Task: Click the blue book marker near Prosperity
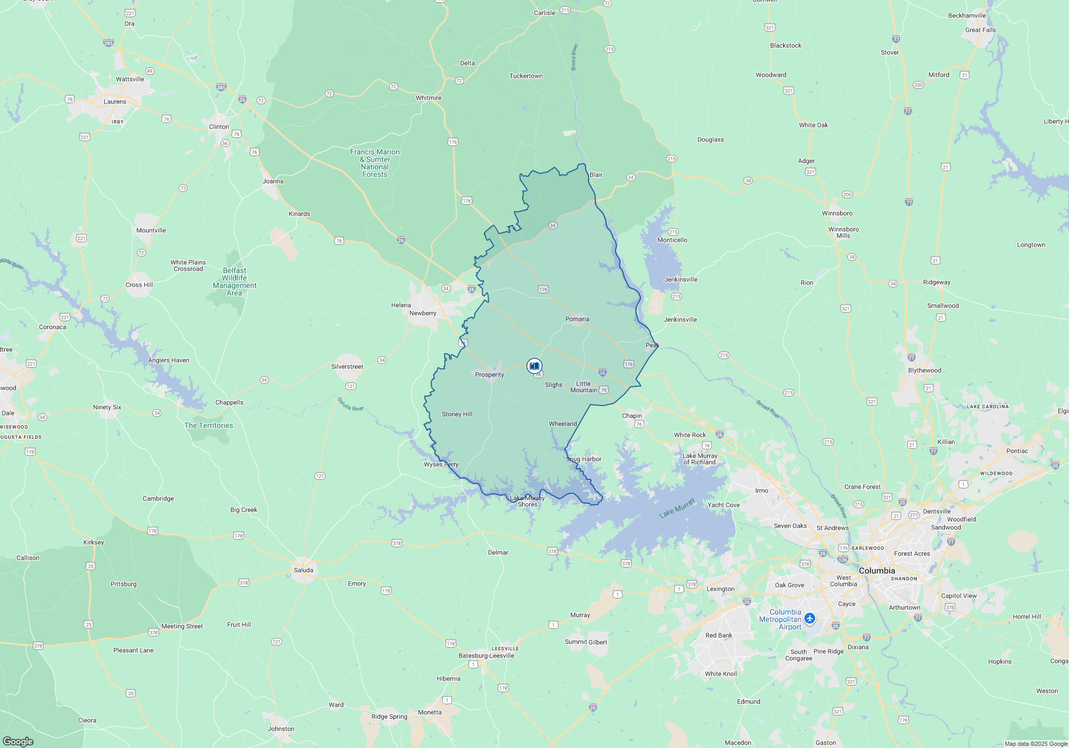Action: [534, 366]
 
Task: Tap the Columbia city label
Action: [877, 571]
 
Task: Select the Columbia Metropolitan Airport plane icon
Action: [810, 618]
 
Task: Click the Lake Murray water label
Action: [677, 508]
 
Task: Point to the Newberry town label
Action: [423, 313]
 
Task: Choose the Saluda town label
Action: [304, 570]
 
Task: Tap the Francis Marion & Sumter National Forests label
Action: [375, 163]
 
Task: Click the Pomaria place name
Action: [577, 319]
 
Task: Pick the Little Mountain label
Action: [583, 387]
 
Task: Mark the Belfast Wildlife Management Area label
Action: [235, 282]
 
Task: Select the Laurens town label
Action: [115, 102]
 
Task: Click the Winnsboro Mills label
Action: [843, 232]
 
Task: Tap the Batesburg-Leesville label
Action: [486, 656]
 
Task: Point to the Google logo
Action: [18, 742]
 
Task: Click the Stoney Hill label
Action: [457, 414]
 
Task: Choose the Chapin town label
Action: [632, 416]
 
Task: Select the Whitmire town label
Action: [429, 98]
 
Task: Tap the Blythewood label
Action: [925, 370]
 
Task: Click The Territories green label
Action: [208, 425]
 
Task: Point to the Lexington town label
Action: [721, 589]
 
